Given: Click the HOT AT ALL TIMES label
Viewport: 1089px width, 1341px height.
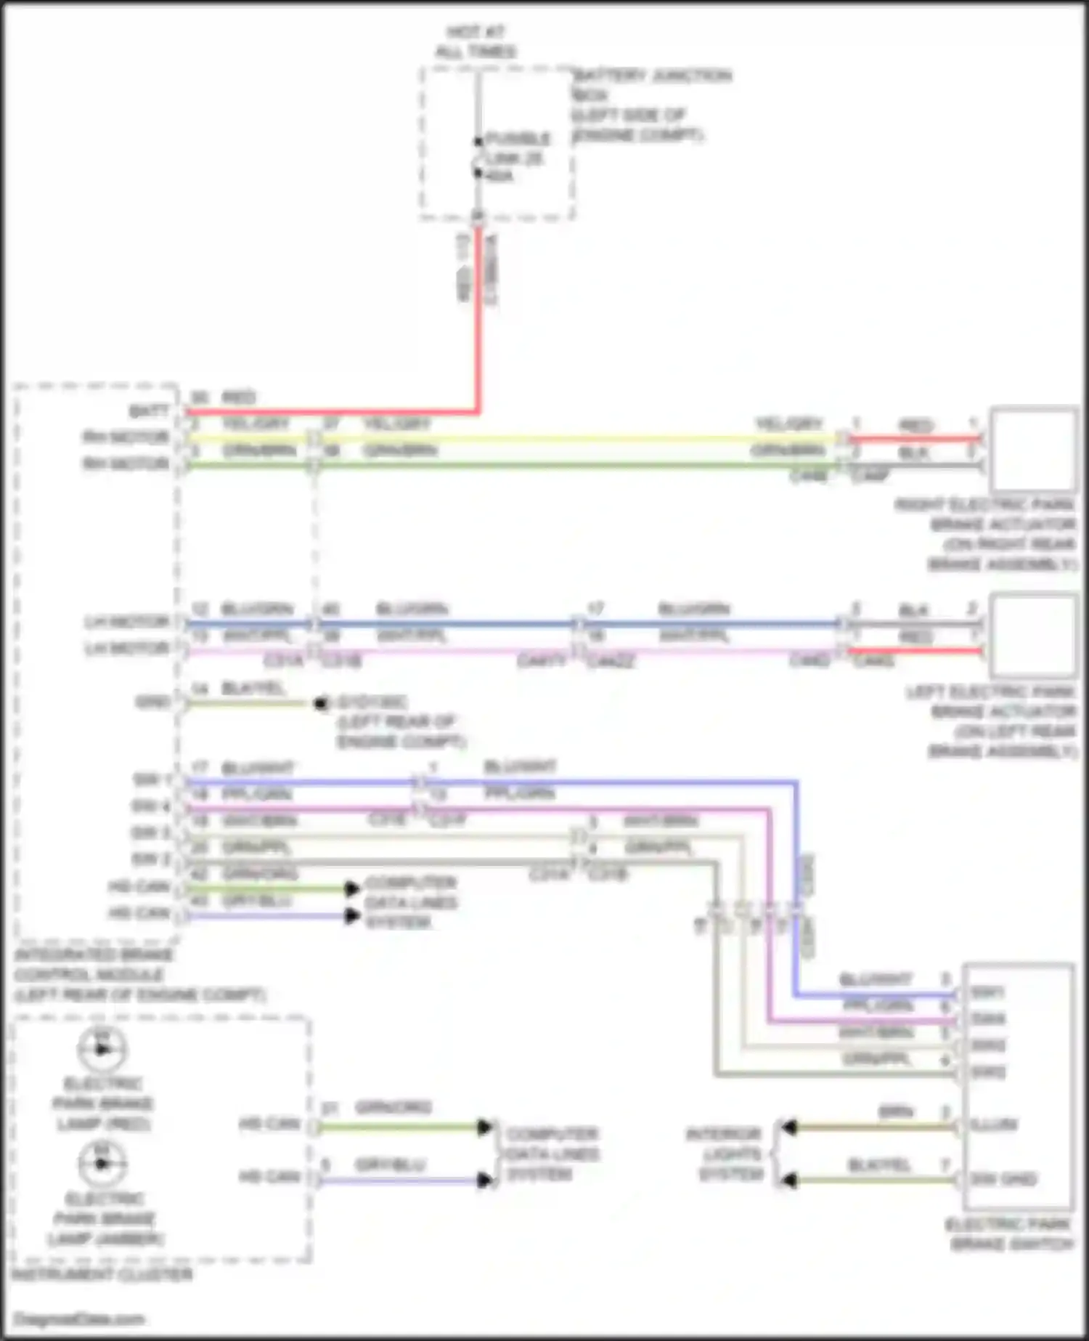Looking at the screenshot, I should (x=476, y=41).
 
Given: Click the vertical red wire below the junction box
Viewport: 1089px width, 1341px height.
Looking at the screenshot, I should (x=478, y=320).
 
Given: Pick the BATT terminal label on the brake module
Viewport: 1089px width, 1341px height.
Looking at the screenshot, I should (x=149, y=412).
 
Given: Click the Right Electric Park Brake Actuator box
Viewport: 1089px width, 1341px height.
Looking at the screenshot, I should (x=1033, y=450).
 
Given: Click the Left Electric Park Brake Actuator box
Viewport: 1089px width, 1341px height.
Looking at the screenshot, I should (x=1033, y=636).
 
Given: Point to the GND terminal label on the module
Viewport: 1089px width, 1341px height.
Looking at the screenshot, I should (x=152, y=702).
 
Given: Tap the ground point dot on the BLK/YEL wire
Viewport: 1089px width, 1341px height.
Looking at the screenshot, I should (x=319, y=703).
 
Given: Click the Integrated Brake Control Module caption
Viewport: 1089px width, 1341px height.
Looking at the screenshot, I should (x=138, y=975).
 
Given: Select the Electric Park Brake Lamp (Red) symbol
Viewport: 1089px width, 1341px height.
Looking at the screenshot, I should (x=102, y=1049).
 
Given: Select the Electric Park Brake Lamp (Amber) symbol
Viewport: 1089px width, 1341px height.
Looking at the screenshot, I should (x=102, y=1164).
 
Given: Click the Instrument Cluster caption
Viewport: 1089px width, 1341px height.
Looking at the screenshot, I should (x=102, y=1274).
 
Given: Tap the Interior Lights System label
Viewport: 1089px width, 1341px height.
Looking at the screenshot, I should (x=724, y=1154).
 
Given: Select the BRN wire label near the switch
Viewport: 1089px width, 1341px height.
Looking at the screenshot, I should (x=896, y=1111).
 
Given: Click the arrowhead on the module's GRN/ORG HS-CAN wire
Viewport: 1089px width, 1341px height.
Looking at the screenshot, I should (x=352, y=888).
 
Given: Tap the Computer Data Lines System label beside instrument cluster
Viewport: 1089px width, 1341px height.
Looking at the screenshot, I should (x=552, y=1154).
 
